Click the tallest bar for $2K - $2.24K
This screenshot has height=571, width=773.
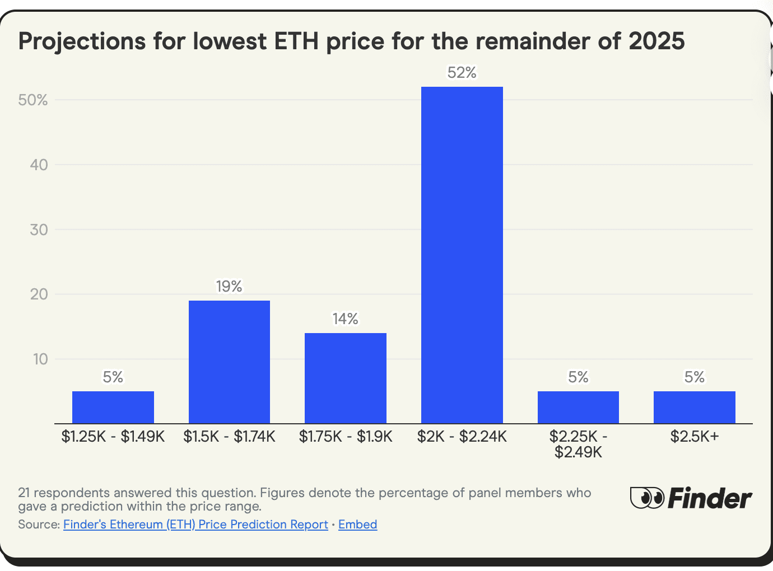462,255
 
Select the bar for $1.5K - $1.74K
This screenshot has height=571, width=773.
229,362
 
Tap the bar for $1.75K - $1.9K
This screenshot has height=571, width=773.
345,378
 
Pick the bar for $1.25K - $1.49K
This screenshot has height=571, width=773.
113,407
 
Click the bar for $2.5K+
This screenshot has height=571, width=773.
694,407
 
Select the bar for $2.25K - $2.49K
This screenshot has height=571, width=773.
578,407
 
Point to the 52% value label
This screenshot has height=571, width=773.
462,73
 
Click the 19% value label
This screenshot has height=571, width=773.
229,287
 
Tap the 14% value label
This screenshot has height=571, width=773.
345,319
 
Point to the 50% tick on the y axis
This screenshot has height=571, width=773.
33,100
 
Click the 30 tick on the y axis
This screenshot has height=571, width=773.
39,230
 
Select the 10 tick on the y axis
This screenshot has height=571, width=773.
40,359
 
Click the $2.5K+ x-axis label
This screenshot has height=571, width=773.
694,437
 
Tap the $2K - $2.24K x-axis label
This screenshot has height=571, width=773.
462,437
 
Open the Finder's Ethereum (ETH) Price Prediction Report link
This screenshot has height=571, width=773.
195,525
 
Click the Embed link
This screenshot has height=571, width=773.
357,525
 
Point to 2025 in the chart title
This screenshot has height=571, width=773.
656,41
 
